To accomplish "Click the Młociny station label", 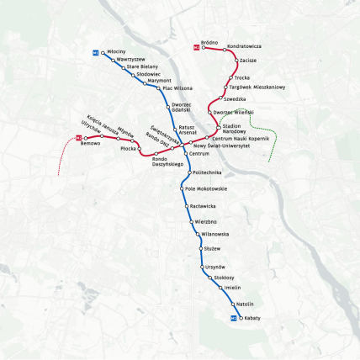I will [x=117, y=52].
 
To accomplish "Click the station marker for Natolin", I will [x=232, y=304].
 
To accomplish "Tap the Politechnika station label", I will [x=205, y=172].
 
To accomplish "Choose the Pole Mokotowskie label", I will [x=205, y=189].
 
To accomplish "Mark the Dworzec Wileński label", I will [x=233, y=113].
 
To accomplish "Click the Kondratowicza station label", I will [x=245, y=46].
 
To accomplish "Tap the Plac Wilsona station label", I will [x=177, y=88].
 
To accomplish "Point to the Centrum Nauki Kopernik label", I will [x=241, y=137].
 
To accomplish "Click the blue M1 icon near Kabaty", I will [x=233, y=319].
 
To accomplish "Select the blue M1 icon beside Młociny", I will [x=96, y=52].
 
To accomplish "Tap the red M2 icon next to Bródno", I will [x=197, y=47].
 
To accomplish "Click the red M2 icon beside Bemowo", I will [x=77, y=137].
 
